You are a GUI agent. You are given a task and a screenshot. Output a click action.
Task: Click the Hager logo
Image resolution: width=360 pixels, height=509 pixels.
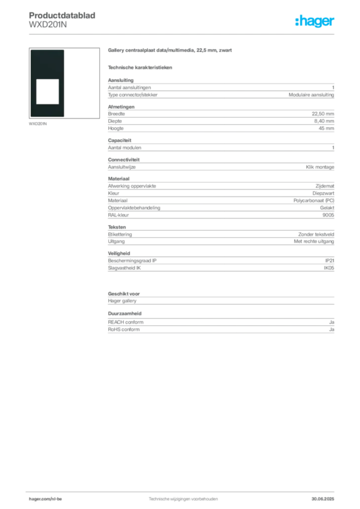pyautogui.click(x=315, y=21)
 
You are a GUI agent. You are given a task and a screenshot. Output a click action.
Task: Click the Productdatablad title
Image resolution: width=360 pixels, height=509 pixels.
pyautogui.click(x=62, y=15)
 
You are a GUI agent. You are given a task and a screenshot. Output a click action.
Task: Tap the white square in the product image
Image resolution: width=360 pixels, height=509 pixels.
pyautogui.click(x=47, y=91)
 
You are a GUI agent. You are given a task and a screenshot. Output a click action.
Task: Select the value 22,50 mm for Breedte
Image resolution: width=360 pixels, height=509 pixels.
pyautogui.click(x=323, y=114)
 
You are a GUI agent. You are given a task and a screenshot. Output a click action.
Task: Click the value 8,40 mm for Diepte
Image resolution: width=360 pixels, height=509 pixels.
pyautogui.click(x=324, y=121)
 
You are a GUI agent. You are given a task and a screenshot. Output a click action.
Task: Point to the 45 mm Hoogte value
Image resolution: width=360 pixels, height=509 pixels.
pyautogui.click(x=326, y=128)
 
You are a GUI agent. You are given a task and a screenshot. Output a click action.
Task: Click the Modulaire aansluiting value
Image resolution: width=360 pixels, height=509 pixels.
pyautogui.click(x=311, y=95)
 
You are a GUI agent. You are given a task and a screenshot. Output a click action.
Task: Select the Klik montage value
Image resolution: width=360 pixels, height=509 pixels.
pyautogui.click(x=320, y=167)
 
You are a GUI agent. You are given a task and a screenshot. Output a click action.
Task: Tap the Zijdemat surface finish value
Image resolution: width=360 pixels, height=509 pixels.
pyautogui.click(x=325, y=186)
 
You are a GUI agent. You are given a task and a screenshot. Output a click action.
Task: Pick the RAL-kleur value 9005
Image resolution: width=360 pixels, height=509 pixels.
pyautogui.click(x=328, y=215)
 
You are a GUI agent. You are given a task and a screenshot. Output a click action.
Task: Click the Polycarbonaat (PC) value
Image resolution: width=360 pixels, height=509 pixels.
pyautogui.click(x=314, y=201)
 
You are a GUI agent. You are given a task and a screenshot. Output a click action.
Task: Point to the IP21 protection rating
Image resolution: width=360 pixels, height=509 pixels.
pyautogui.click(x=330, y=260)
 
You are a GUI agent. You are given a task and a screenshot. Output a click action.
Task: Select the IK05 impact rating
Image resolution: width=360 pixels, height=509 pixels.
pyautogui.click(x=329, y=268)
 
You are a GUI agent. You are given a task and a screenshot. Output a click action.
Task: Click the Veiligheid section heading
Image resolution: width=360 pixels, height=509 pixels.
pyautogui.click(x=119, y=253)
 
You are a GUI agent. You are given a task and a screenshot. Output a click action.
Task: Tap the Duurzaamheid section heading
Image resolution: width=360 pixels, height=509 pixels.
pyautogui.click(x=125, y=314)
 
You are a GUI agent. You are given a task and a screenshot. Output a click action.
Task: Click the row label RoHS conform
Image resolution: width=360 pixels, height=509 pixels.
pyautogui.click(x=124, y=330)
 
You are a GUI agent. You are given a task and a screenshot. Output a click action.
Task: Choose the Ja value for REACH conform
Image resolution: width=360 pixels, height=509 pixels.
pyautogui.click(x=332, y=322)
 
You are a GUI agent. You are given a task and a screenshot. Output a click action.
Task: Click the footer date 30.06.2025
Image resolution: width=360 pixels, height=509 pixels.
pyautogui.click(x=323, y=499)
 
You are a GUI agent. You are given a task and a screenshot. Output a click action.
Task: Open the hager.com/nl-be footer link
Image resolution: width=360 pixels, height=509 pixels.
pyautogui.click(x=45, y=499)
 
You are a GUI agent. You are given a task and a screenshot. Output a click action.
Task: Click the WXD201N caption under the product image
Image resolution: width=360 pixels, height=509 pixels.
pyautogui.click(x=38, y=124)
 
